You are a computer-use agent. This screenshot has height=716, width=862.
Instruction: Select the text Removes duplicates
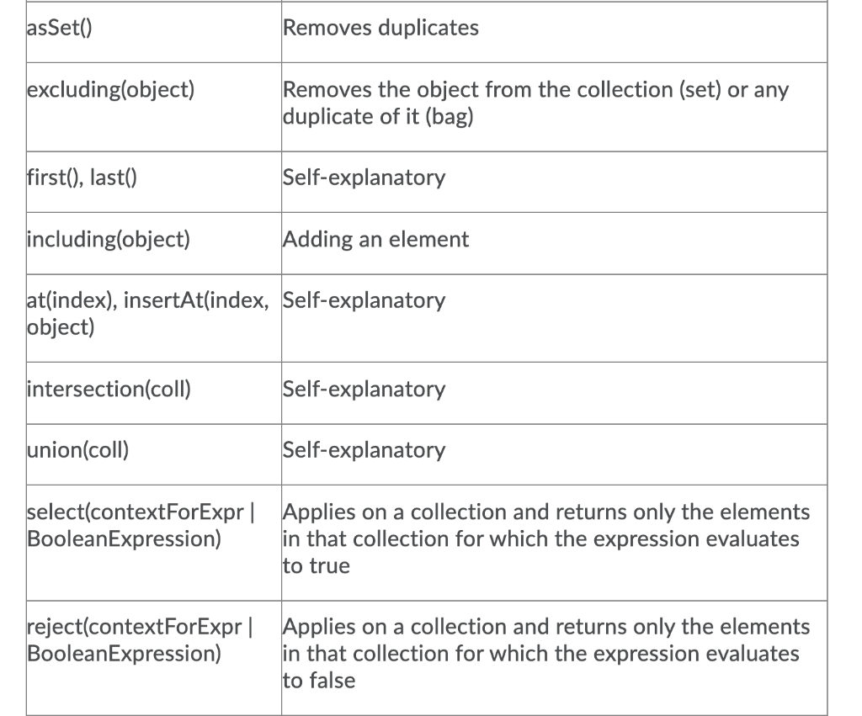click(x=380, y=28)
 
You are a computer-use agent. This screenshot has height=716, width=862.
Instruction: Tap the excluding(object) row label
click(x=111, y=89)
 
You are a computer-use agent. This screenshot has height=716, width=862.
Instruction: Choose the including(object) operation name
click(x=109, y=239)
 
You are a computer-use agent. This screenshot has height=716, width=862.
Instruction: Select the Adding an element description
click(x=375, y=239)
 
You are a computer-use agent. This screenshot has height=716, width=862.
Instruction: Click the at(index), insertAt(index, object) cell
click(x=147, y=313)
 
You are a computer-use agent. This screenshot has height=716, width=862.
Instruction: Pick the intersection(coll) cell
click(x=109, y=389)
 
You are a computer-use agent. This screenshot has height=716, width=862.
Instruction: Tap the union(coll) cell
click(x=78, y=449)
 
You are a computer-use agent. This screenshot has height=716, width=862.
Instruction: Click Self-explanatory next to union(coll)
click(x=364, y=449)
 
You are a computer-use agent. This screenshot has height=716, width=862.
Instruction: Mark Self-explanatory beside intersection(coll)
click(x=364, y=389)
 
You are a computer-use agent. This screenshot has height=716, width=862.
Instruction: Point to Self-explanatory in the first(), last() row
click(x=364, y=178)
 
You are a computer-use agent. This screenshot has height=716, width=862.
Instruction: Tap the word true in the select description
click(x=327, y=565)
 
